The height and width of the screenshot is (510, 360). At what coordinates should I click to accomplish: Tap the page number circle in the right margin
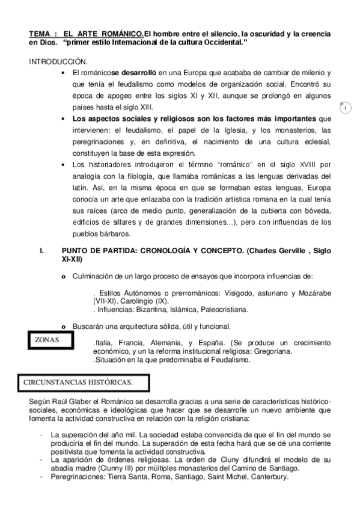coord(346,108)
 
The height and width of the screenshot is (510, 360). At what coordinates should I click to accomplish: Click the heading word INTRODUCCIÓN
coord(58,62)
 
